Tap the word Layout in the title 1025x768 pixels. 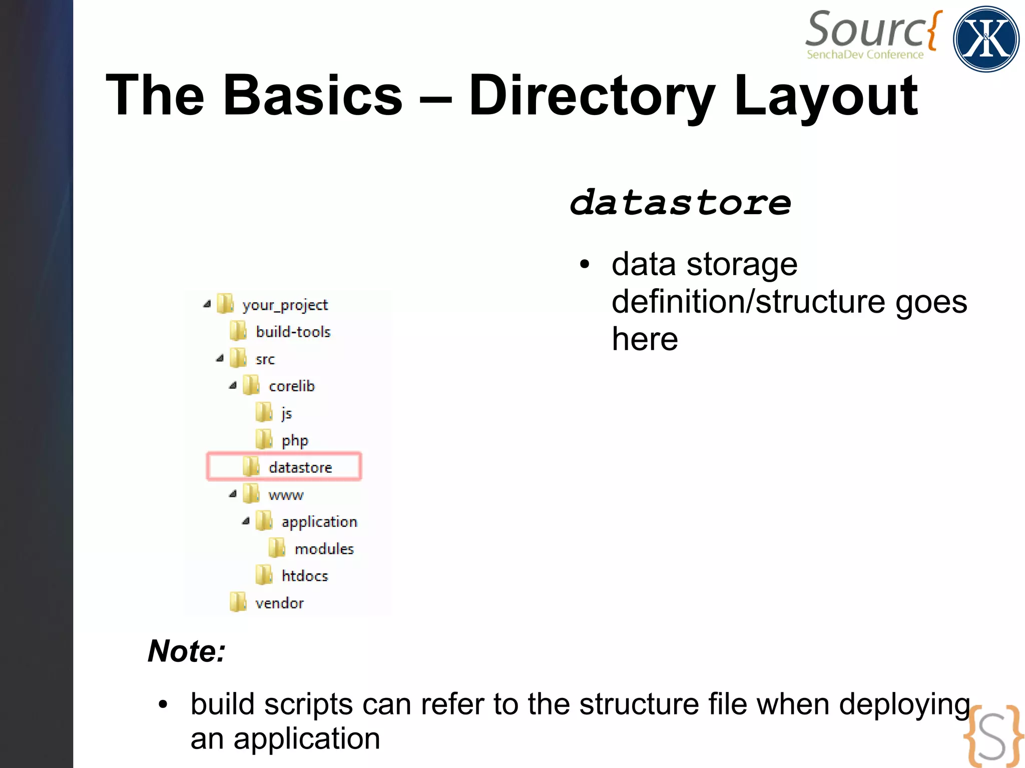pyautogui.click(x=825, y=95)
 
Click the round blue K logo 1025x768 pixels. pyautogui.click(x=985, y=39)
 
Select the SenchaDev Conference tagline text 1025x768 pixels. pyautogui.click(x=865, y=55)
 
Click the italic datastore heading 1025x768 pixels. pyautogui.click(x=680, y=203)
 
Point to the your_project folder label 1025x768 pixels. pyautogui.click(x=285, y=305)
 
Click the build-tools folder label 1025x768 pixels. pyautogui.click(x=293, y=332)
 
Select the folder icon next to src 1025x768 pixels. pyautogui.click(x=238, y=358)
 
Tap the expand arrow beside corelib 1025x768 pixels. pyautogui.click(x=233, y=386)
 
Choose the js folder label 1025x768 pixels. pyautogui.click(x=286, y=413)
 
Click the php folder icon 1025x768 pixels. pyautogui.click(x=264, y=440)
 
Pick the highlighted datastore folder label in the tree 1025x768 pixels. pyautogui.click(x=300, y=467)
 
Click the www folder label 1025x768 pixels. pyautogui.click(x=286, y=495)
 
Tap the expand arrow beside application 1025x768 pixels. pyautogui.click(x=246, y=521)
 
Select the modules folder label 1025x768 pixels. pyautogui.click(x=324, y=549)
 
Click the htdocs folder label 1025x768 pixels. pyautogui.click(x=304, y=576)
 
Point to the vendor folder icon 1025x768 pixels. pyautogui.click(x=238, y=602)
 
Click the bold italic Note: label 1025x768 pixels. pyautogui.click(x=187, y=651)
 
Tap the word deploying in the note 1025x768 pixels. pyautogui.click(x=904, y=704)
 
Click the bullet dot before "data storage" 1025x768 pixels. pyautogui.click(x=584, y=264)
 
